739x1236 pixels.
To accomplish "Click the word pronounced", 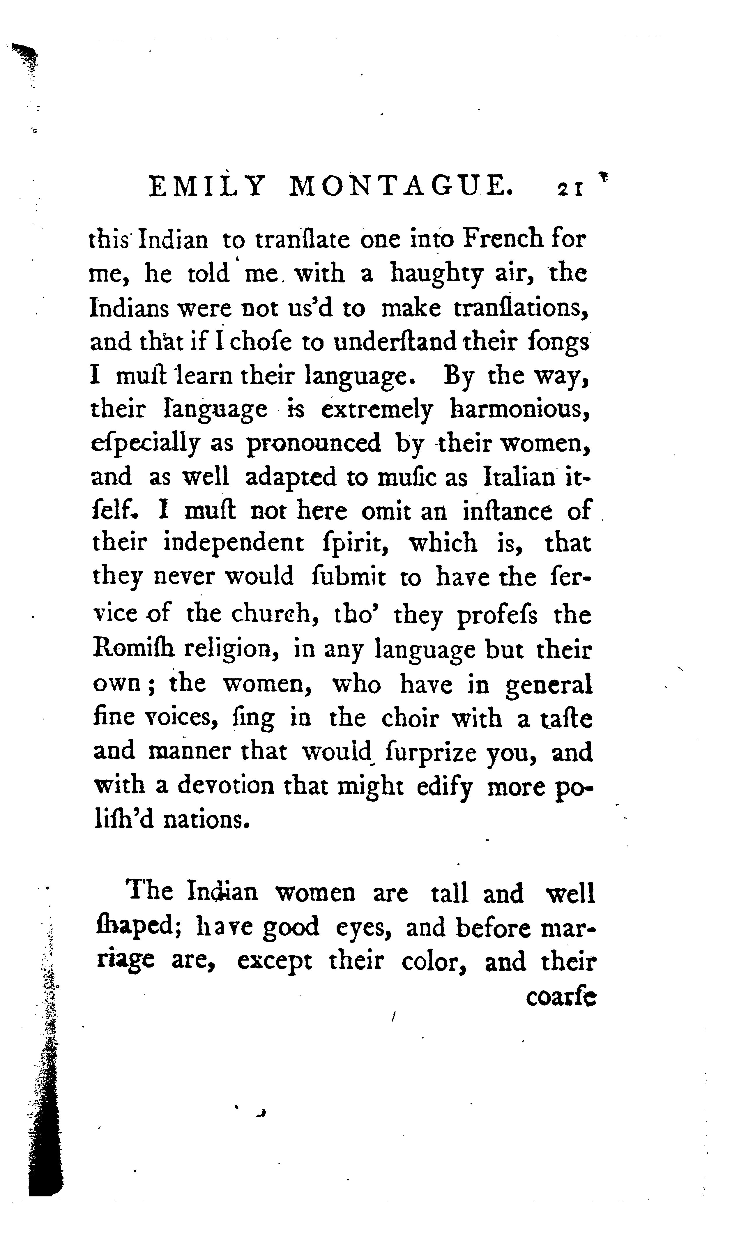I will coord(314,443).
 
